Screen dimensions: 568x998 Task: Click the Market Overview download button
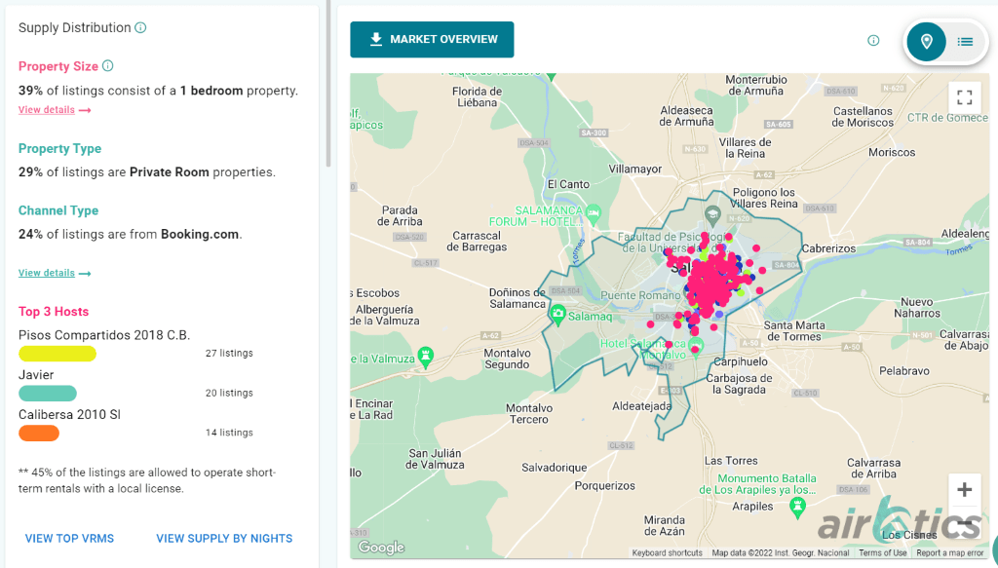point(432,40)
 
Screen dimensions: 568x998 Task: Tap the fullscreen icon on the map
point(964,97)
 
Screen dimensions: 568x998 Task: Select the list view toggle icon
point(965,41)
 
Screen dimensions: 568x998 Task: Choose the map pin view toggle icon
point(927,41)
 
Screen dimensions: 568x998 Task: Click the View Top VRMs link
point(69,539)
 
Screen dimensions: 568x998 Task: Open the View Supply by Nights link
point(224,539)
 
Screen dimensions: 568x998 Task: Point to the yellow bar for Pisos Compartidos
point(58,354)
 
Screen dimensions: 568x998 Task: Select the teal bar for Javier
point(48,394)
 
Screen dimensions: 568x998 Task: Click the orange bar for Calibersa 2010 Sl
point(39,433)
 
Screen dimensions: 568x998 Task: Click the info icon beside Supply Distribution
point(140,27)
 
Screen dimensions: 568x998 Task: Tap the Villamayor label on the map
point(634,169)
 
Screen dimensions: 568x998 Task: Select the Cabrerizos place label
point(828,248)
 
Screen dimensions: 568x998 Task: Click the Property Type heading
point(59,149)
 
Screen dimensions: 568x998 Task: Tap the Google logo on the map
point(381,548)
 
